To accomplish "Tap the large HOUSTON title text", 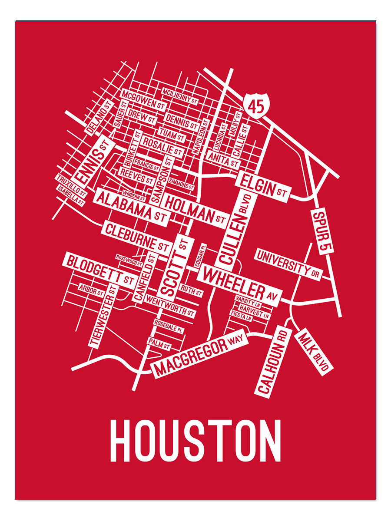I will point(195,441).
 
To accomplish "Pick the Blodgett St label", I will point(100,269).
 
